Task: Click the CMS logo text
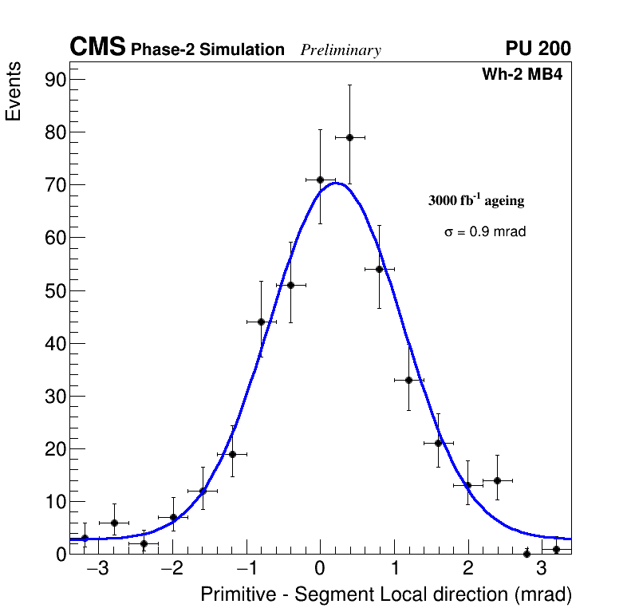click(97, 47)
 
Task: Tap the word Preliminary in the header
click(341, 50)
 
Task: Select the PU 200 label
click(538, 49)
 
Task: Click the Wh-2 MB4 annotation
click(523, 75)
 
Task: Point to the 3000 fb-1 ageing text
click(476, 200)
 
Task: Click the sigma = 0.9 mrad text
click(485, 232)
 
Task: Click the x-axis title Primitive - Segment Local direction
click(386, 594)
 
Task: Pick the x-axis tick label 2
click(467, 570)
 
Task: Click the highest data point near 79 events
click(349, 137)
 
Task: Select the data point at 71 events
click(320, 180)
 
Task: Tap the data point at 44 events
click(261, 322)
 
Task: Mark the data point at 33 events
click(408, 380)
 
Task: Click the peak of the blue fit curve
click(337, 183)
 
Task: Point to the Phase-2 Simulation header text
click(207, 50)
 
